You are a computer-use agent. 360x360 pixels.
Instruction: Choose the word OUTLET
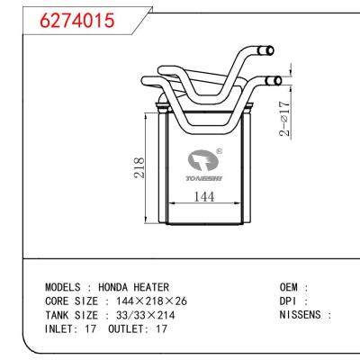coord(128,328)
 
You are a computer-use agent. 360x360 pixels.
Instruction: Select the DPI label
coord(290,301)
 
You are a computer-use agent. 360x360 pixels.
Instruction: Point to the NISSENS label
coord(302,315)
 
